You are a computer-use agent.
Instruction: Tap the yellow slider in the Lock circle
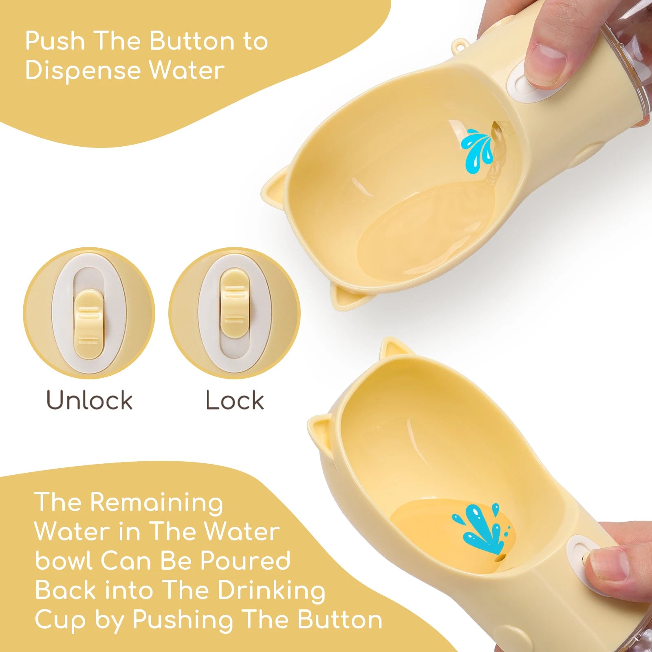click(x=234, y=304)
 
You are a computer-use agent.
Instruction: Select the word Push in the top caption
click(x=55, y=41)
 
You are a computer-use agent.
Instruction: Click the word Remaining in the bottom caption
click(x=156, y=503)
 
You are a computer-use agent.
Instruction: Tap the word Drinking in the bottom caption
click(x=271, y=591)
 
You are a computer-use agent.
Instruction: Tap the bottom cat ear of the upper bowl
click(x=346, y=297)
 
